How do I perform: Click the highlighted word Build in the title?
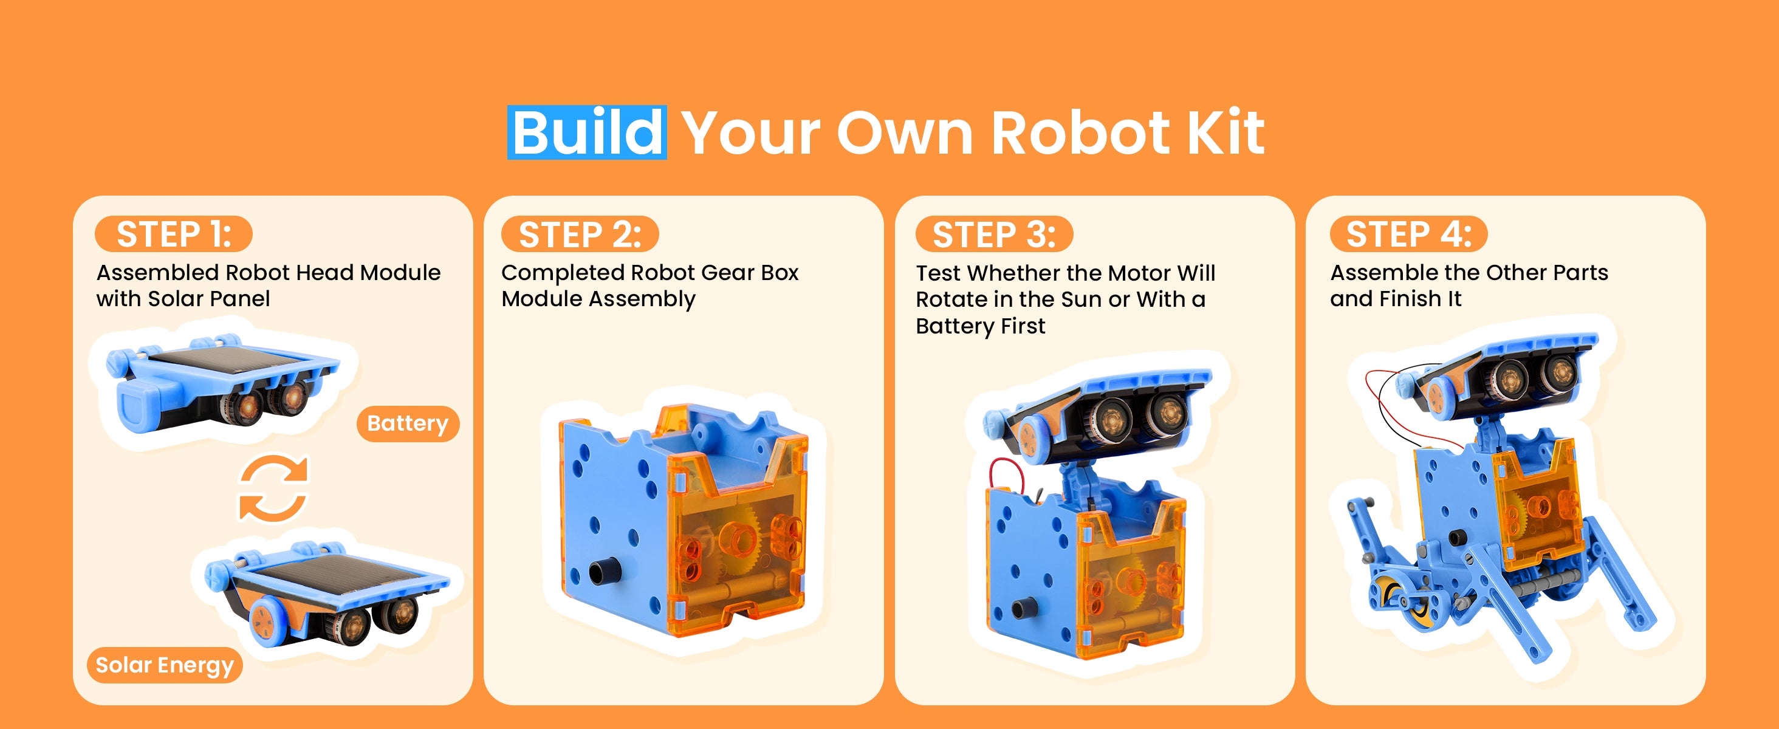pos(587,132)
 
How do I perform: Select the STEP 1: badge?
pos(174,234)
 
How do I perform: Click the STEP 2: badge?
pos(580,234)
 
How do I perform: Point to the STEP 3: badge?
pos(995,234)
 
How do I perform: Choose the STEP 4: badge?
pos(1409,234)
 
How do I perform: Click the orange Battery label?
pos(408,424)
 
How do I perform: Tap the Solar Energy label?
pos(165,665)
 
